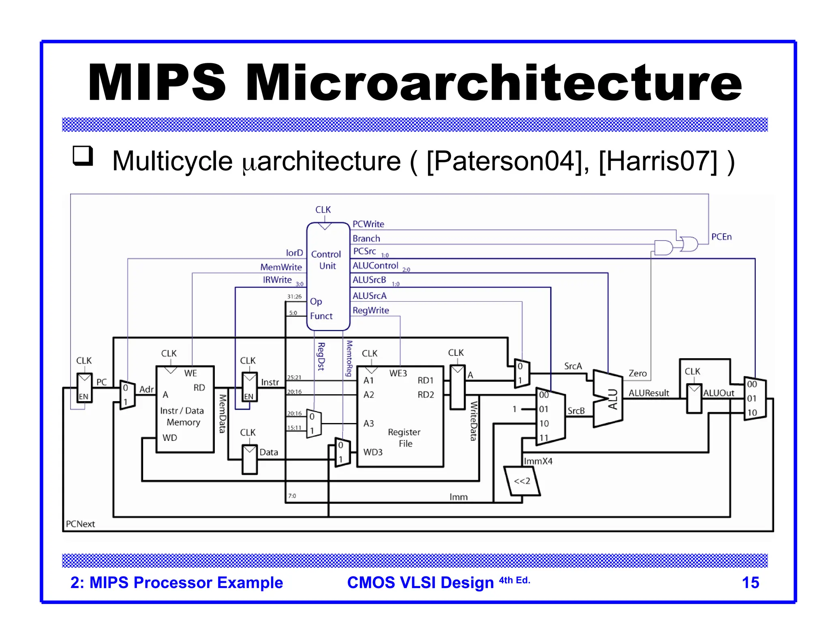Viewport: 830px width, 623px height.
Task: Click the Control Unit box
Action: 328,276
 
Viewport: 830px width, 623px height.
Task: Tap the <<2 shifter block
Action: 522,481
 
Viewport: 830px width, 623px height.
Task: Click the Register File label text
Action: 404,438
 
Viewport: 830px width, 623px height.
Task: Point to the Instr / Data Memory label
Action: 182,416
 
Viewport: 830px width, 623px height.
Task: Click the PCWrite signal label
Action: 368,224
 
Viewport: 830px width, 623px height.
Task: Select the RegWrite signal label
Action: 370,310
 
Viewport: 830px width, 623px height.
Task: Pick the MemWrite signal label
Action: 281,267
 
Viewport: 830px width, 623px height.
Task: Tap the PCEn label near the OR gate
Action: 721,237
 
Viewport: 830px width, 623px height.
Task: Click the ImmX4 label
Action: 538,461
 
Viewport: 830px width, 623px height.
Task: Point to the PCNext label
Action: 80,524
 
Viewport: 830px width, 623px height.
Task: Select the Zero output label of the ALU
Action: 637,373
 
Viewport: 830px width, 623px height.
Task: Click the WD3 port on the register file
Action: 372,452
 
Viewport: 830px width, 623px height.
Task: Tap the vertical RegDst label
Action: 321,356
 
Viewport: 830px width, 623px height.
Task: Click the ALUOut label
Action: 718,393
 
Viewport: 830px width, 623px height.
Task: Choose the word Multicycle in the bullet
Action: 172,161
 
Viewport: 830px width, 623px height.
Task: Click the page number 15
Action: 750,582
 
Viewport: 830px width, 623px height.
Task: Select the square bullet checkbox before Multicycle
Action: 83,156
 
